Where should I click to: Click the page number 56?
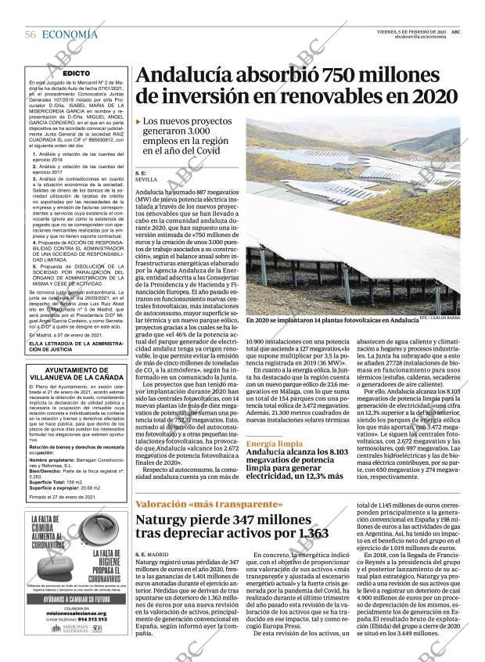tap(31, 34)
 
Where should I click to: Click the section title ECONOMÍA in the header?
tap(70, 34)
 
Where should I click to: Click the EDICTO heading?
tap(76, 73)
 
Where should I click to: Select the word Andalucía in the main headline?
tap(184, 76)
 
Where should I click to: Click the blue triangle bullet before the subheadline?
tap(138, 122)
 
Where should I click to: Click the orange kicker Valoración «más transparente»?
tap(208, 504)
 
